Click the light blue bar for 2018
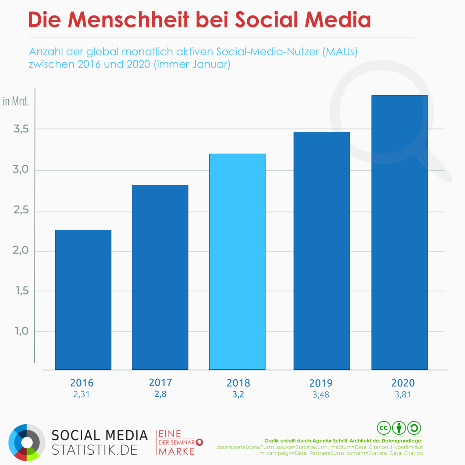point(237,262)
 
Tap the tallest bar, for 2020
point(399,232)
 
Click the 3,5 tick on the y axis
point(21,129)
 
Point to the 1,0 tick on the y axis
point(22,331)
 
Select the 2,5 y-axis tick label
point(21,210)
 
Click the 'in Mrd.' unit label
point(16,101)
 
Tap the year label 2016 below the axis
point(82,383)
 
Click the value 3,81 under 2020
point(403,395)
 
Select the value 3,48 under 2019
point(321,395)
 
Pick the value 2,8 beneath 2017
point(160,394)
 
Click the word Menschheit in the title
point(128,20)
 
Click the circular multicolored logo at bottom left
point(27,442)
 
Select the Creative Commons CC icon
point(384,428)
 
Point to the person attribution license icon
point(399,428)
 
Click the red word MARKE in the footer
point(177,451)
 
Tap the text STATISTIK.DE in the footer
point(95,450)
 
